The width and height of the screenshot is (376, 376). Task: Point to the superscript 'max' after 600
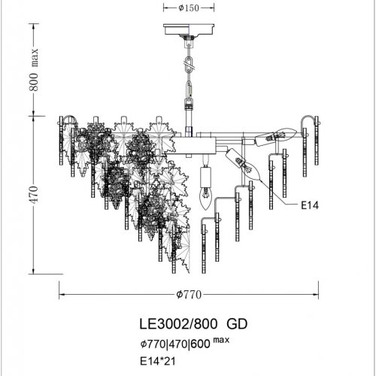pyautogui.click(x=221, y=340)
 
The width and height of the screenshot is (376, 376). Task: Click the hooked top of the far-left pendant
pyautogui.click(x=65, y=120)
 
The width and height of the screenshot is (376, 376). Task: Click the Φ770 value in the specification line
pyautogui.click(x=153, y=344)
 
